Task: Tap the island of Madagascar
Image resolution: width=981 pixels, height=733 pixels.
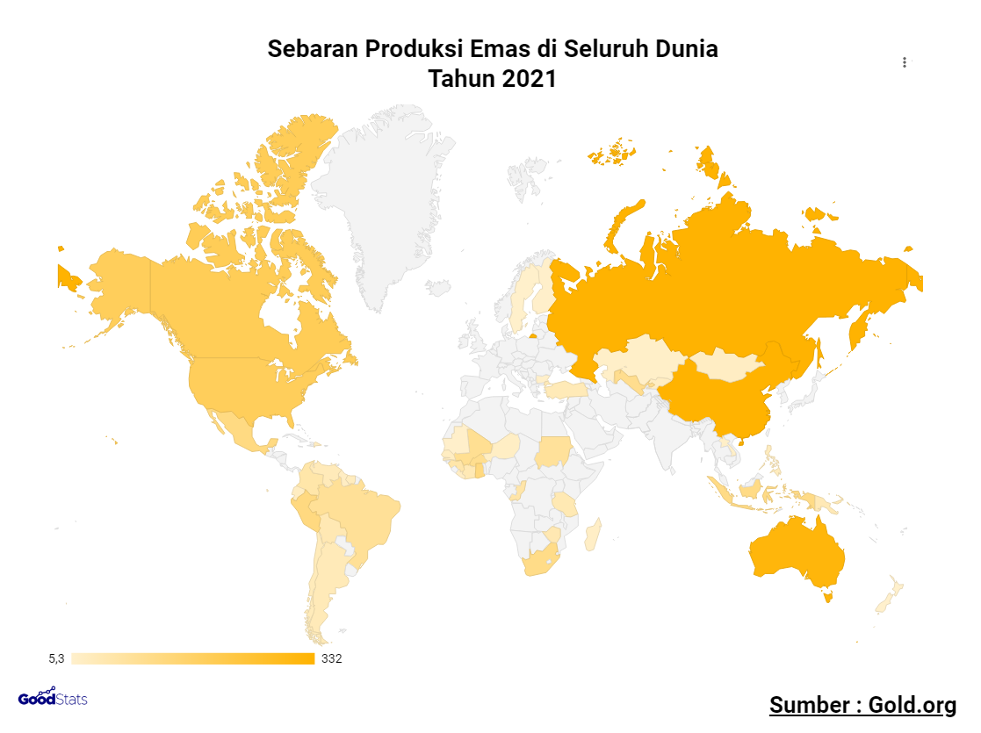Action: click(x=593, y=535)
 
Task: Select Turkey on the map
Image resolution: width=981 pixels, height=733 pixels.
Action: click(x=566, y=390)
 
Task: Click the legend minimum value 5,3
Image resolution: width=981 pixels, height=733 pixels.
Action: click(x=56, y=658)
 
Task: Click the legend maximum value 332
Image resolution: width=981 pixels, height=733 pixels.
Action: click(x=332, y=658)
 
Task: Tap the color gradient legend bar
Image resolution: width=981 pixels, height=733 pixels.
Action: click(x=193, y=658)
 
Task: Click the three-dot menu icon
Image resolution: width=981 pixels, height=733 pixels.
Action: click(x=905, y=62)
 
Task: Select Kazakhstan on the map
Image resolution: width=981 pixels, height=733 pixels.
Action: click(x=637, y=356)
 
